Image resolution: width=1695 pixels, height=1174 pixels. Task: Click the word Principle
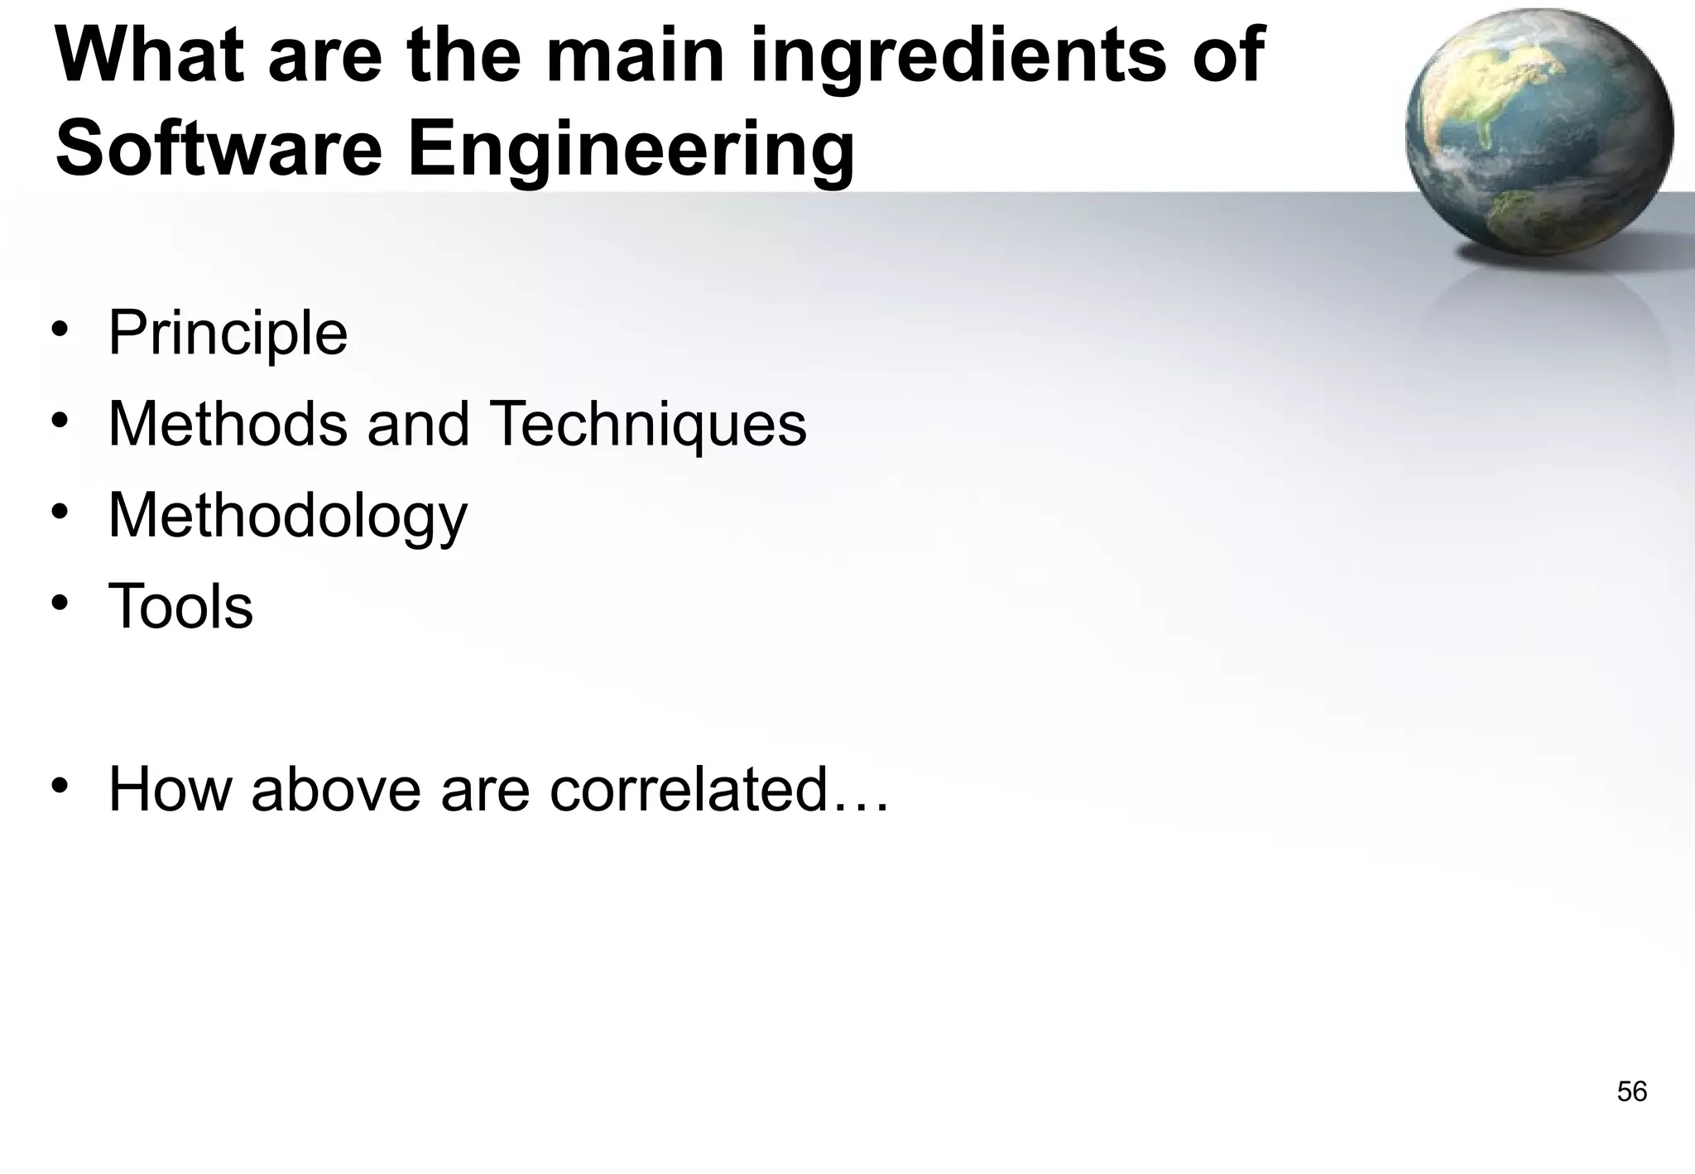[x=228, y=334]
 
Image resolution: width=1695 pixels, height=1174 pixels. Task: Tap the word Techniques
[x=648, y=425]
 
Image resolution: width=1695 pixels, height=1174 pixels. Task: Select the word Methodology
[x=288, y=516]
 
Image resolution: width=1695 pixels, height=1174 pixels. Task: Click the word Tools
[x=180, y=607]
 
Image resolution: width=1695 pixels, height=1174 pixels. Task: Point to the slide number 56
[x=1631, y=1092]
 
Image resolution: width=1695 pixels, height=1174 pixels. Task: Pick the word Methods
[x=228, y=425]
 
